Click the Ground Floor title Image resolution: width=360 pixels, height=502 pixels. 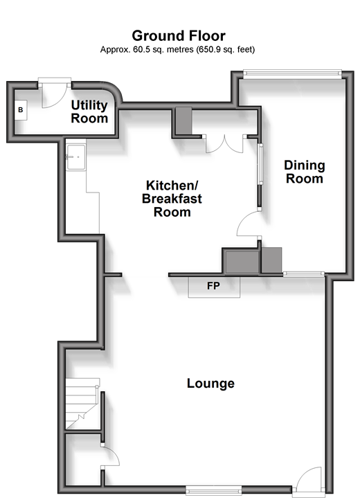179,35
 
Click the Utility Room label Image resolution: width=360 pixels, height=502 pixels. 89,111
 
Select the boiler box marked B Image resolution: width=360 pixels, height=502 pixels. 21,110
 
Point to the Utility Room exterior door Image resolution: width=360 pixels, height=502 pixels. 55,92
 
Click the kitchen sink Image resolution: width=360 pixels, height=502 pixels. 76,157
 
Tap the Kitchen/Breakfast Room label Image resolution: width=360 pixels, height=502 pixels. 172,199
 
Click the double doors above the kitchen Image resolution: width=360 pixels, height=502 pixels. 224,143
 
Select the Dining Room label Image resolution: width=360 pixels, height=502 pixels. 305,172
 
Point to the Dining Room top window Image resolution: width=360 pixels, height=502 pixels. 292,73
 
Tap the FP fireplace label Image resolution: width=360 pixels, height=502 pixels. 213,285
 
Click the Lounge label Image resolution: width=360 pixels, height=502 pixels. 210,383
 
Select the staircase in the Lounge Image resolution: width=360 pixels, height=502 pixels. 82,404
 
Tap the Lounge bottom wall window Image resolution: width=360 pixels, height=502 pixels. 214,490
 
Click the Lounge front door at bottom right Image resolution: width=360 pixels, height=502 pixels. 309,480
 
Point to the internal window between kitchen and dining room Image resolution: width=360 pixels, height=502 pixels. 260,164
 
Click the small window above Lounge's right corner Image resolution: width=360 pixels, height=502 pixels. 304,274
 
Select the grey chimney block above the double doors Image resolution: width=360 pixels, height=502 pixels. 183,120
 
